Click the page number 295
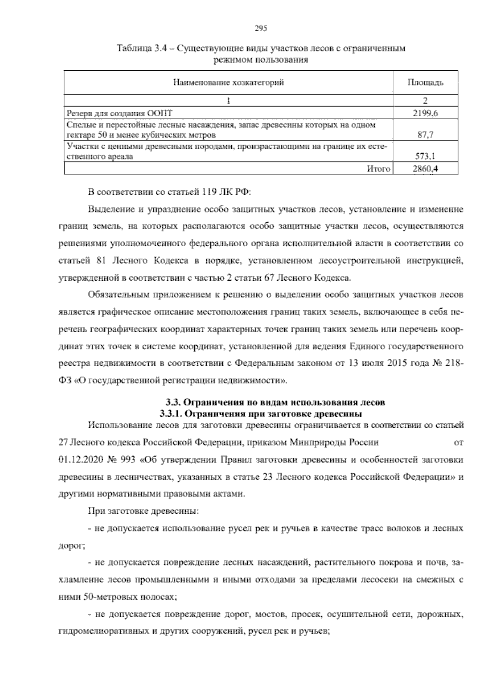[261, 28]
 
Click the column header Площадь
[425, 83]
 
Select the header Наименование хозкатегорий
[228, 83]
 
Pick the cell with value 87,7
[425, 134]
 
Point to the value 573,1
[425, 156]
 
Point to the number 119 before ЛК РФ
[210, 192]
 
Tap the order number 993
[127, 459]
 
